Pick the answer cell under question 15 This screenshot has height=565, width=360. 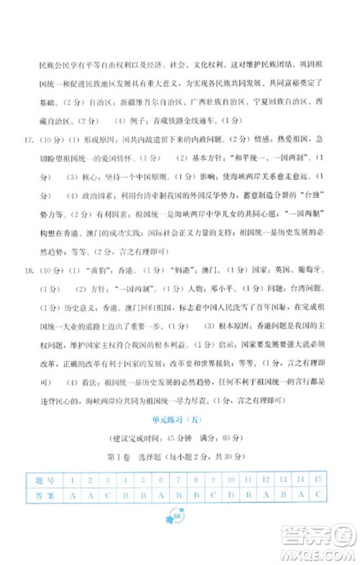[x=318, y=495]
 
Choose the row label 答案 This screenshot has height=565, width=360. [x=40, y=495]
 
